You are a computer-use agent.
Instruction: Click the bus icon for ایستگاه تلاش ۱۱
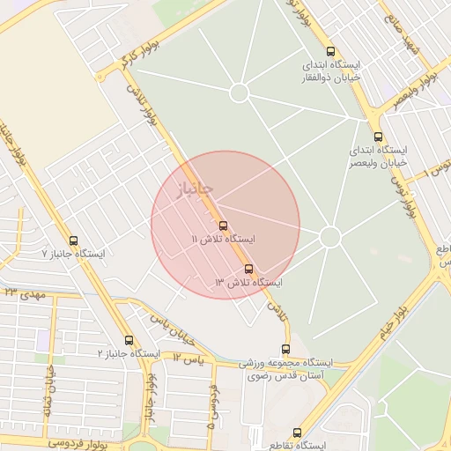pos(222,225)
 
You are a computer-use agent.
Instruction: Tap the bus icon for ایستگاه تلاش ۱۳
pos(248,268)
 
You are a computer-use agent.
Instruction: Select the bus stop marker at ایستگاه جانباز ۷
pos(72,240)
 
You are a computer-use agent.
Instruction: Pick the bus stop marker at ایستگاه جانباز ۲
pos(129,339)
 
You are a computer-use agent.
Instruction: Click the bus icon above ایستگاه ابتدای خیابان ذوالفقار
pos(330,51)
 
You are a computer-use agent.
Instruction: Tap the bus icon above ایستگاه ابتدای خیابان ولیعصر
pos(378,137)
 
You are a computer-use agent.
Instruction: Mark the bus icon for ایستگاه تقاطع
pos(297,433)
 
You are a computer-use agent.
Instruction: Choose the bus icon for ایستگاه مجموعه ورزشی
pos(285,349)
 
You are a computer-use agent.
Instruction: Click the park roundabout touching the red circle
pos(329,236)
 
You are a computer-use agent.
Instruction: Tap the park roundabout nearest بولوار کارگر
pos(239,92)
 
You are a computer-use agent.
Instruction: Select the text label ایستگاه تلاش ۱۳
pos(248,282)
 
